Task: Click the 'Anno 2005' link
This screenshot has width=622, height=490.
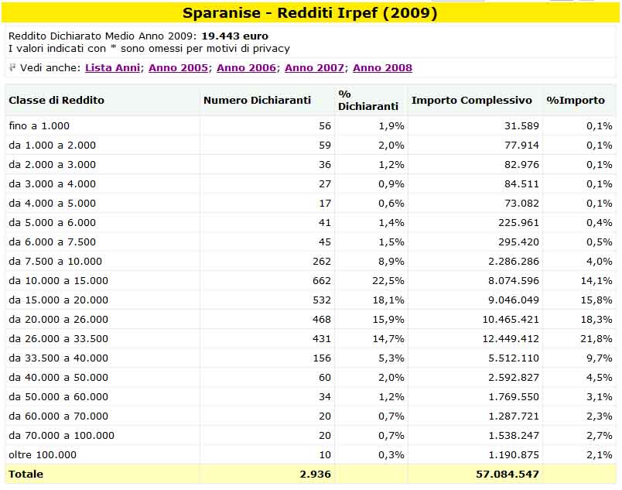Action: click(x=178, y=68)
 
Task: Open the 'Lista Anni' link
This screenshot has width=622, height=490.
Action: click(x=113, y=68)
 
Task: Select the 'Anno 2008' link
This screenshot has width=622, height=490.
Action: click(x=382, y=68)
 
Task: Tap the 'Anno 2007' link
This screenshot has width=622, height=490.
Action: click(x=314, y=68)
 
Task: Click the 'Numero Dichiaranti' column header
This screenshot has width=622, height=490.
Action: click(x=257, y=100)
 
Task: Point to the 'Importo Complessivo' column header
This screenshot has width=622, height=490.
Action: click(x=472, y=100)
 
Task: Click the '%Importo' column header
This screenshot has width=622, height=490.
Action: click(x=576, y=100)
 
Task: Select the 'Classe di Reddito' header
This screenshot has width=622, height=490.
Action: click(x=56, y=100)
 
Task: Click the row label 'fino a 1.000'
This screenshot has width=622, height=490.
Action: click(x=39, y=125)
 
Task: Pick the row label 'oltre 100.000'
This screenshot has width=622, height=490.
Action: click(x=43, y=454)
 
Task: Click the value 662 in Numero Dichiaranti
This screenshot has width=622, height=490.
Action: click(x=321, y=281)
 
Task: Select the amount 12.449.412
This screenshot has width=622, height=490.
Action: click(x=511, y=339)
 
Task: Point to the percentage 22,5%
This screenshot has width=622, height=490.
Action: click(x=388, y=281)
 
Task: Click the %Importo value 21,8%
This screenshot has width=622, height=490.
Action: click(x=596, y=339)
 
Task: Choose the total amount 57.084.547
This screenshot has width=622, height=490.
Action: click(x=508, y=474)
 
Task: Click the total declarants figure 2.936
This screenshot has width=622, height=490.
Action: click(x=316, y=474)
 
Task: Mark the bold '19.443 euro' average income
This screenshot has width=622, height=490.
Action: click(x=235, y=36)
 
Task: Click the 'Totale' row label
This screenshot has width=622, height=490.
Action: click(x=26, y=474)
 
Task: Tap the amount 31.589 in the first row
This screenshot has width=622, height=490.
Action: click(x=521, y=125)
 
